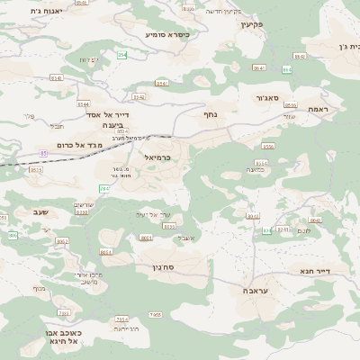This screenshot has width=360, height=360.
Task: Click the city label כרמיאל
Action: (x=158, y=157)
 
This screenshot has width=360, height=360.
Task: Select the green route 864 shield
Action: (x=287, y=69)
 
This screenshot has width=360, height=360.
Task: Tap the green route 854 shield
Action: (x=121, y=56)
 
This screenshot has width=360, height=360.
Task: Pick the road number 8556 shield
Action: (x=267, y=146)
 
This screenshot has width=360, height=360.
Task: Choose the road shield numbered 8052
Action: (x=62, y=241)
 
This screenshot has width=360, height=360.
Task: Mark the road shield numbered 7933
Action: (x=63, y=313)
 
